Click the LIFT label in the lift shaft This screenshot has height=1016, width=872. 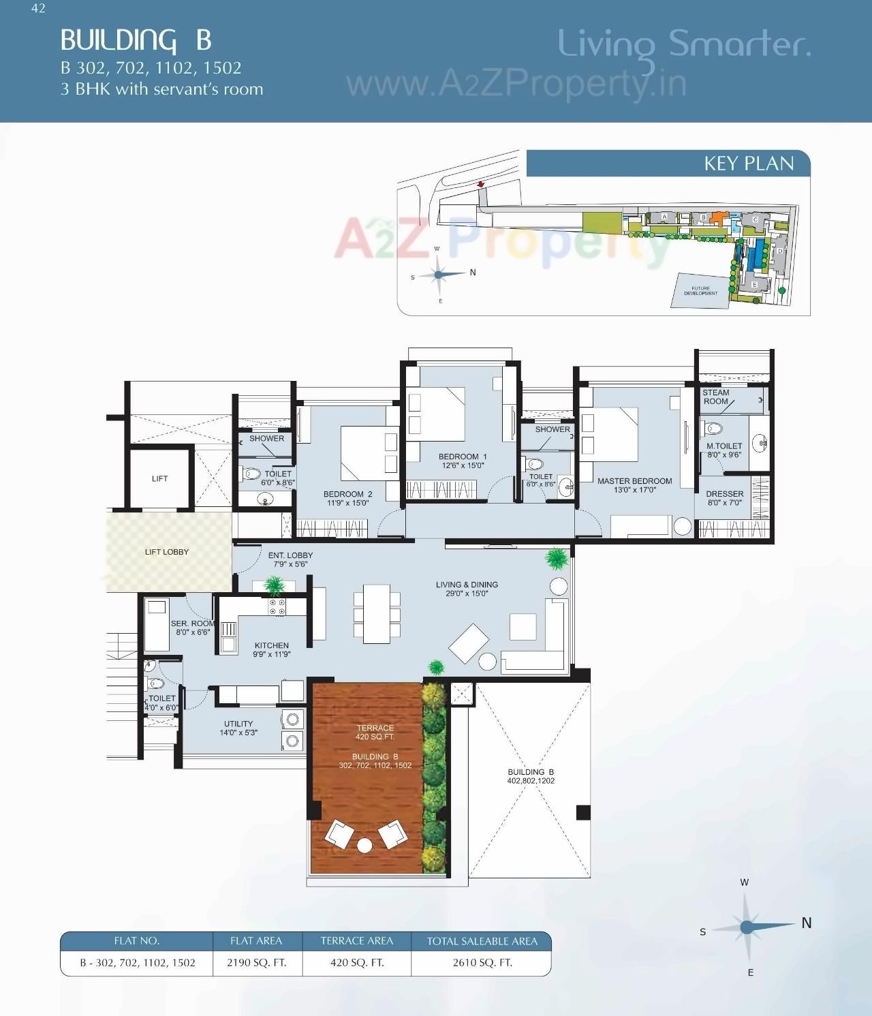pos(159,478)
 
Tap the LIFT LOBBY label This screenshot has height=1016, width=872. pos(167,552)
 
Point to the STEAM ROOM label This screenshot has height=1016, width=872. pos(716,397)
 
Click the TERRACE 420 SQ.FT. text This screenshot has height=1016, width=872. pos(375,732)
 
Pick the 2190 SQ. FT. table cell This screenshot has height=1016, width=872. pos(257,962)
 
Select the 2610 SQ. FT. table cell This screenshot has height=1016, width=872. pos(482,962)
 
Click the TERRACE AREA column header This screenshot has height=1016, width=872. pos(357,941)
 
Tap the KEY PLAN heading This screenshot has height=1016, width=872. pos(749,164)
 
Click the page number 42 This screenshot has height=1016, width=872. pos(38,8)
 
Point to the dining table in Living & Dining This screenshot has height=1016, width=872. pos(376,613)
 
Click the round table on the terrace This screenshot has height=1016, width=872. pos(365,846)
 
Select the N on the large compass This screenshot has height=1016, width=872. pos(807,923)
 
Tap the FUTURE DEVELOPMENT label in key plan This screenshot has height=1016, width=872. pos(700,291)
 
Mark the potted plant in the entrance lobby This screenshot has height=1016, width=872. pos(274,585)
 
